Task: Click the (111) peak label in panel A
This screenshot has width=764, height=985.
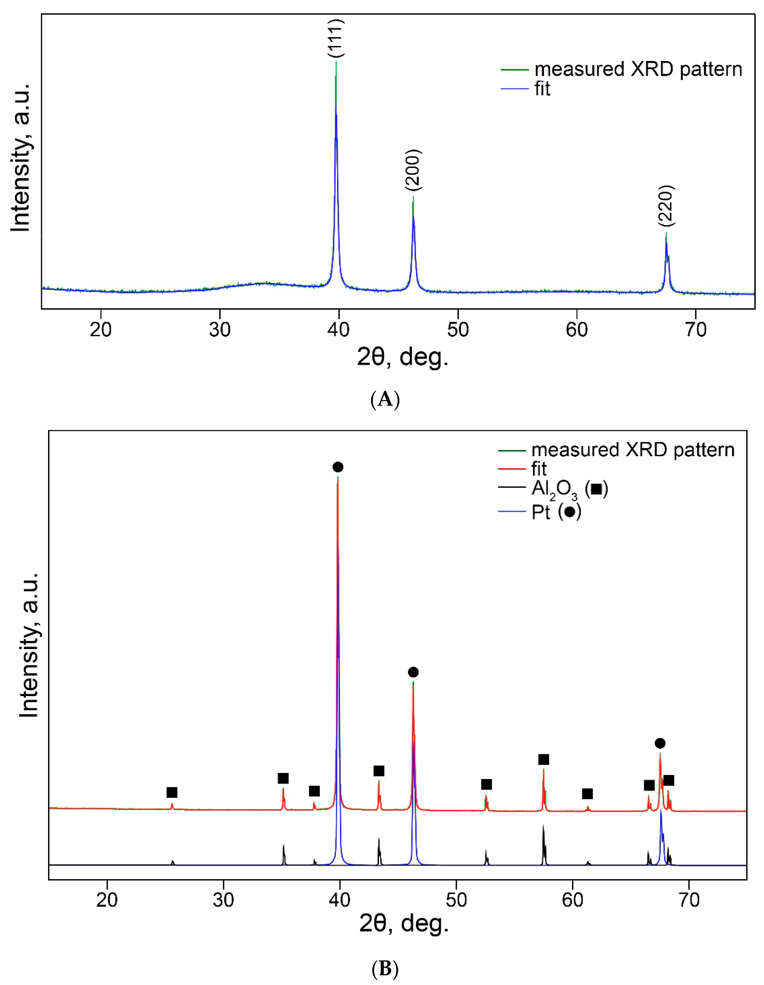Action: pyautogui.click(x=336, y=38)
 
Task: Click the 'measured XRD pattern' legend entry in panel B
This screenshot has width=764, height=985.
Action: pyautogui.click(x=632, y=450)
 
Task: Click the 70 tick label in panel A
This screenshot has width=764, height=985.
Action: pyautogui.click(x=695, y=330)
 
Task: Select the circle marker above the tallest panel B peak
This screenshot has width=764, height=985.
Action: pyautogui.click(x=338, y=467)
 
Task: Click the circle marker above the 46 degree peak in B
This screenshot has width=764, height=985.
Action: pyautogui.click(x=413, y=672)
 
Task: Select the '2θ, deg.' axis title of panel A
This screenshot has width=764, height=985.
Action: pyautogui.click(x=402, y=358)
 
